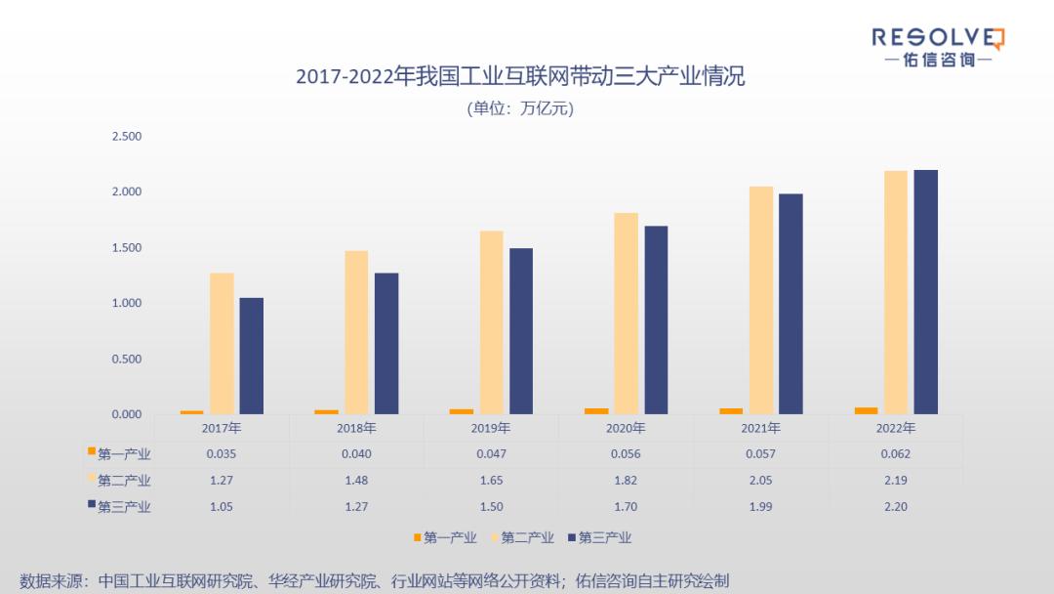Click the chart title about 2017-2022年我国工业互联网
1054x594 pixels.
pyautogui.click(x=520, y=76)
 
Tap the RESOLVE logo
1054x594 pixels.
pyautogui.click(x=937, y=46)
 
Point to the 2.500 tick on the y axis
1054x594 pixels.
pyautogui.click(x=127, y=136)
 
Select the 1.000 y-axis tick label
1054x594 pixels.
pyautogui.click(x=127, y=303)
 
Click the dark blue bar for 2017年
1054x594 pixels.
pyautogui.click(x=251, y=356)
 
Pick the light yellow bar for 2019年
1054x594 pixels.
pyautogui.click(x=491, y=322)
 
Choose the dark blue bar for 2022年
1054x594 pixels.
pyautogui.click(x=925, y=292)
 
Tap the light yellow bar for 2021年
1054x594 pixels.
pyautogui.click(x=761, y=300)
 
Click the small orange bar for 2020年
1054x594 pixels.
pyautogui.click(x=596, y=411)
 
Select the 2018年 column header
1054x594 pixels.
pyautogui.click(x=356, y=428)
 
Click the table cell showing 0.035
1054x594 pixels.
pyautogui.click(x=222, y=453)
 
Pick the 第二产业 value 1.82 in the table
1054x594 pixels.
pyautogui.click(x=626, y=480)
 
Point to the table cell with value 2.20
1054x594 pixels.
pyautogui.click(x=895, y=506)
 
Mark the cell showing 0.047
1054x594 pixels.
pyautogui.click(x=491, y=453)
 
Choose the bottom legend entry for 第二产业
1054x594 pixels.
pyautogui.click(x=527, y=537)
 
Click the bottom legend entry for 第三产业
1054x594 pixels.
pyautogui.click(x=604, y=537)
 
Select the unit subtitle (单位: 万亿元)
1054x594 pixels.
pyautogui.click(x=520, y=108)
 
